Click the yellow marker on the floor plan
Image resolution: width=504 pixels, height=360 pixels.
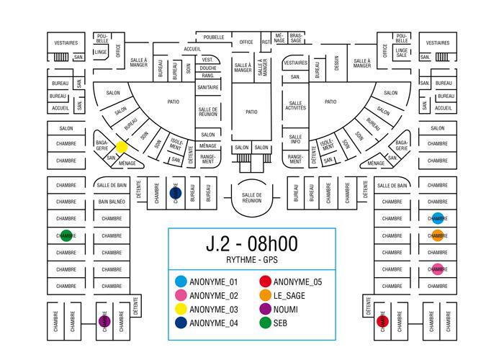pyautogui.click(x=122, y=146)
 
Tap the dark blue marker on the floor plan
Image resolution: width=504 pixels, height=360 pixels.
pyautogui.click(x=174, y=193)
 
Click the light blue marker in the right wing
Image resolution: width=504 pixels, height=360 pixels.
pyautogui.click(x=438, y=219)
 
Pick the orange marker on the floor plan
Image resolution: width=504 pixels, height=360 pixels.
pyautogui.click(x=438, y=235)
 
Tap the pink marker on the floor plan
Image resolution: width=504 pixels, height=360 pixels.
pyautogui.click(x=438, y=270)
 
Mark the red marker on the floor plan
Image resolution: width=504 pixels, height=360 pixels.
pyautogui.click(x=383, y=320)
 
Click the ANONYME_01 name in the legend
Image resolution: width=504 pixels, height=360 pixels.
pyautogui.click(x=212, y=281)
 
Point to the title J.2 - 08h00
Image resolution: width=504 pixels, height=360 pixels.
pyautogui.click(x=251, y=245)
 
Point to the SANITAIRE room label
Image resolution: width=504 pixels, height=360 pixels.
pyautogui.click(x=208, y=87)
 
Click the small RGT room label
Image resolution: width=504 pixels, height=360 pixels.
pyautogui.click(x=266, y=42)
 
